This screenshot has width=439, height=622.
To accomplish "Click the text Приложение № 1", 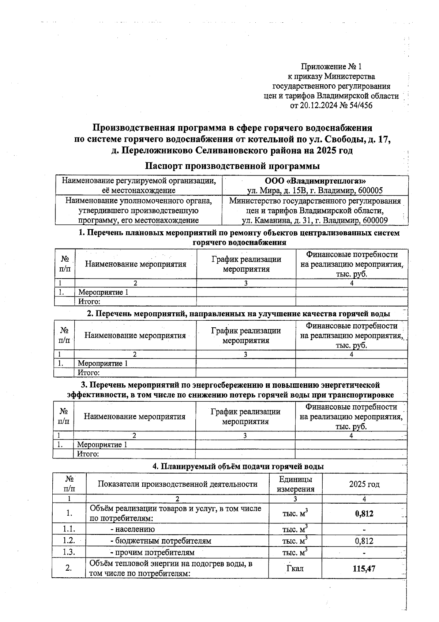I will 331,67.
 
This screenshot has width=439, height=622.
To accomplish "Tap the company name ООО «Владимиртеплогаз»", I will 315,181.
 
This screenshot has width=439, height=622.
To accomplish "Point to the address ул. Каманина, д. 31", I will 278,220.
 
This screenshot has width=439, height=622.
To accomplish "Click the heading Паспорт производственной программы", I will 232,166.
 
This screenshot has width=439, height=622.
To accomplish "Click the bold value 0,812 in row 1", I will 364,514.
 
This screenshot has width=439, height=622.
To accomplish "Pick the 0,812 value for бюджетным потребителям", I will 364,541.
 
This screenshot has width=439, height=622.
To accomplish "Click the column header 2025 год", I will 364,484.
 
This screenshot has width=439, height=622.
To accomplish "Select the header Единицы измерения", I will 295,484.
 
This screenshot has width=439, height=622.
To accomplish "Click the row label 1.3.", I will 69,552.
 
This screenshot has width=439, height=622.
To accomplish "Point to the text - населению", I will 132,529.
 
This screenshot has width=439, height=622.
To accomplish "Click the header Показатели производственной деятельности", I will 177,484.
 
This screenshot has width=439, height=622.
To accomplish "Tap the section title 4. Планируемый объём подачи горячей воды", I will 238,466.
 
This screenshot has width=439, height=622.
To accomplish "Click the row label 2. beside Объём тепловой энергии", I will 68,568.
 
